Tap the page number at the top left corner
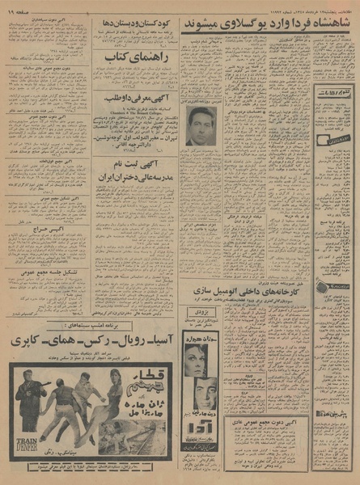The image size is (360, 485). [x=20, y=9]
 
